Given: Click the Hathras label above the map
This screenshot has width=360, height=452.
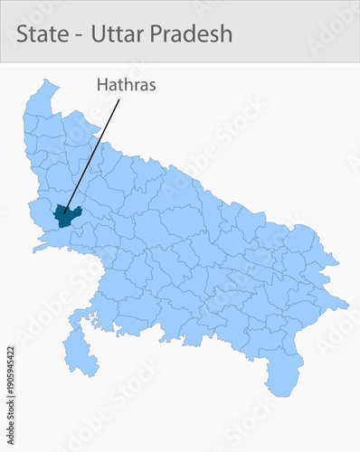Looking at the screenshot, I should (127, 85).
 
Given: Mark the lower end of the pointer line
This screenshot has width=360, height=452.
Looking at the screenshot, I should (65, 213).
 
